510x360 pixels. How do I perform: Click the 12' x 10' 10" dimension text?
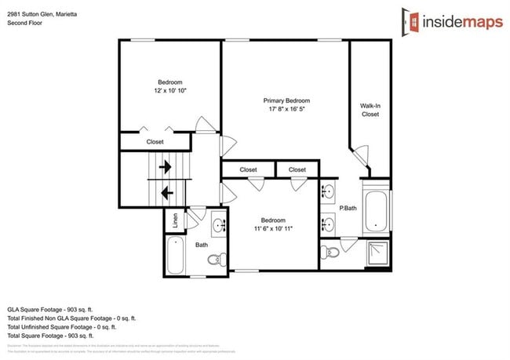tap(169, 91)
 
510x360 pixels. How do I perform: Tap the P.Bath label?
tap(348, 208)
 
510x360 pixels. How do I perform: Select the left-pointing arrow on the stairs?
tap(166, 191)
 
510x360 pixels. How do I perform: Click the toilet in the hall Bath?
tap(217, 260)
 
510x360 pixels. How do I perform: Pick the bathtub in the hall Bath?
tap(176, 256)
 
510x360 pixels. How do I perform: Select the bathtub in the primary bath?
tap(376, 210)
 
